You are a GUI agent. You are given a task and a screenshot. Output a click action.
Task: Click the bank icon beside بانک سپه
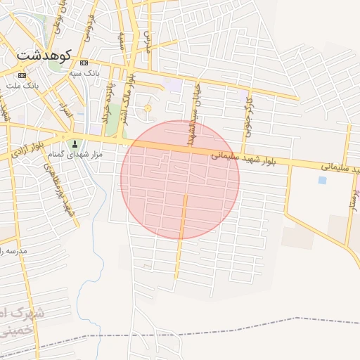point(84,63)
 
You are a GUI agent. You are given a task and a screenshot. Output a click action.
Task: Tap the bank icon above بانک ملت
point(22,75)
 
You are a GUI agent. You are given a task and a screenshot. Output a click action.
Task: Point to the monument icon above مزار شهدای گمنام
point(75,144)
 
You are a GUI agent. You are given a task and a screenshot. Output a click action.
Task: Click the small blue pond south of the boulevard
point(322,180)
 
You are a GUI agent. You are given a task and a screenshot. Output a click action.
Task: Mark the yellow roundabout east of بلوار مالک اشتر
point(148,108)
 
